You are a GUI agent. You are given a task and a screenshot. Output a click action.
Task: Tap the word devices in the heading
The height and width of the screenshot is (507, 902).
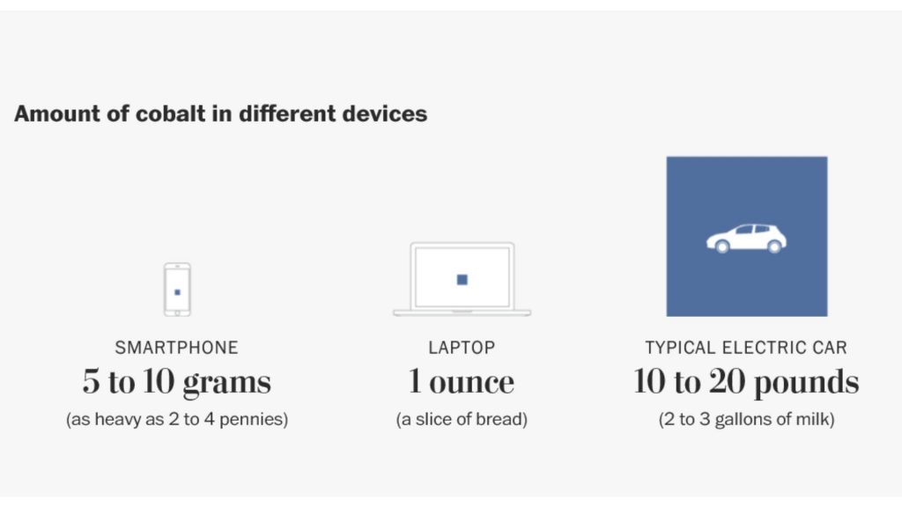[x=385, y=114]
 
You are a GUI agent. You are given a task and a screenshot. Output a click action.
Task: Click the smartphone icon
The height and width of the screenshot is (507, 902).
[x=177, y=289]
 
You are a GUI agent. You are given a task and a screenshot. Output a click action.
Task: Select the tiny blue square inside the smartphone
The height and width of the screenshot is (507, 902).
[x=177, y=292]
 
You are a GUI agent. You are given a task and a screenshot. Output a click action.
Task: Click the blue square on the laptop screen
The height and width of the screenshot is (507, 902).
[x=462, y=279]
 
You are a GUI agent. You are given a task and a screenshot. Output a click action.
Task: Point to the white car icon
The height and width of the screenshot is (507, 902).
[x=746, y=238]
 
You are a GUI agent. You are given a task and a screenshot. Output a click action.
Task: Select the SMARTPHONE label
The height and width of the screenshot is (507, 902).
[x=176, y=348]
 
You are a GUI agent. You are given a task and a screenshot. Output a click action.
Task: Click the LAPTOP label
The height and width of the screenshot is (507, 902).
[x=462, y=348]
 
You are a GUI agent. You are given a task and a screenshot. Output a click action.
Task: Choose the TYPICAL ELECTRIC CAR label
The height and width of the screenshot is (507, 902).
[x=746, y=348]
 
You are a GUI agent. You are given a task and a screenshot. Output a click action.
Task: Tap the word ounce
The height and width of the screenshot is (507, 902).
[x=472, y=383]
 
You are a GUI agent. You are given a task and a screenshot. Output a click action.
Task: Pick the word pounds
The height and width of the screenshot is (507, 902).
[x=806, y=382]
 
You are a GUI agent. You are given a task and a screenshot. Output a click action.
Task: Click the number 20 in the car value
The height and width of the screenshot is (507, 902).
[x=727, y=381]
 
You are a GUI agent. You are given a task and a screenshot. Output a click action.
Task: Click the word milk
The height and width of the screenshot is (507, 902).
[x=816, y=420]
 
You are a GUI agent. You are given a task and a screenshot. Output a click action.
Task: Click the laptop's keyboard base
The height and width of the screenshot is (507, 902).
[x=462, y=312]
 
